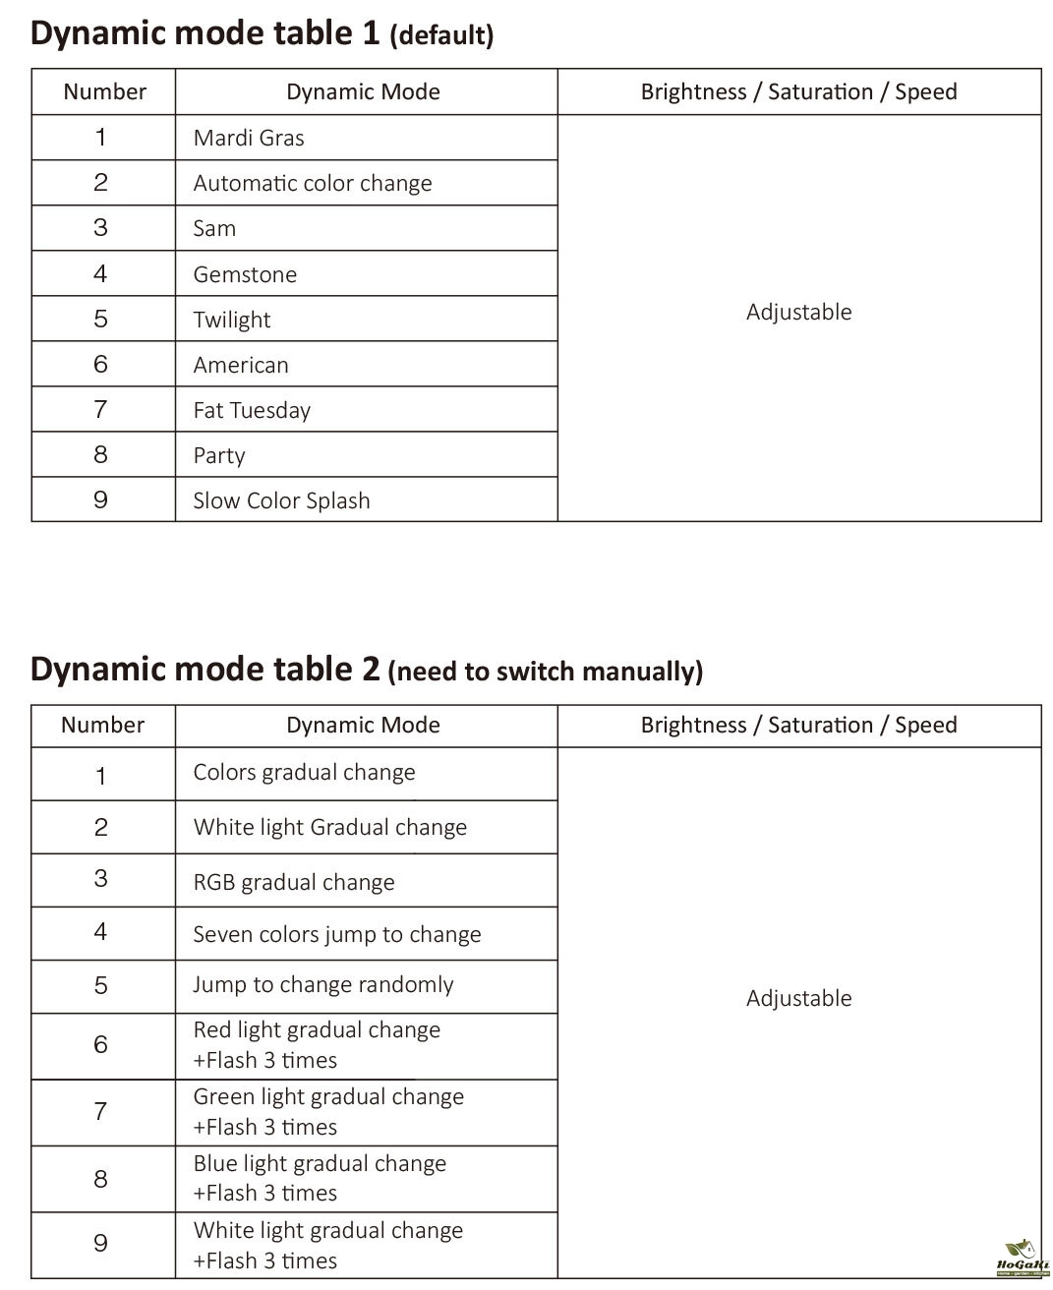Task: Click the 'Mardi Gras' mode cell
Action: (249, 138)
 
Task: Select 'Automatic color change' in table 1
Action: (313, 183)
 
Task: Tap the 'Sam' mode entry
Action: (214, 228)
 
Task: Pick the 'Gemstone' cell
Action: (245, 274)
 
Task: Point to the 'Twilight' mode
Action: (232, 320)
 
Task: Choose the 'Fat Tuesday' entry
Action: (252, 410)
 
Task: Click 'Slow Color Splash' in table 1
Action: (281, 500)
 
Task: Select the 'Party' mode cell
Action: (219, 455)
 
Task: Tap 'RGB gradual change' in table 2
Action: (294, 882)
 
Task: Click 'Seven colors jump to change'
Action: (337, 934)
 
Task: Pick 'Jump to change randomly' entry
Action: (323, 985)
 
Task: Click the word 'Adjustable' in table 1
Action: (798, 312)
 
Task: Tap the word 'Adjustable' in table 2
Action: (798, 998)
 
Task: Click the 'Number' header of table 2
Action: (102, 725)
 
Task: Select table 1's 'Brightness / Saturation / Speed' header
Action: (798, 91)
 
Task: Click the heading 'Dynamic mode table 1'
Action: (205, 32)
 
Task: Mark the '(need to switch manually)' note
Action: (546, 672)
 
